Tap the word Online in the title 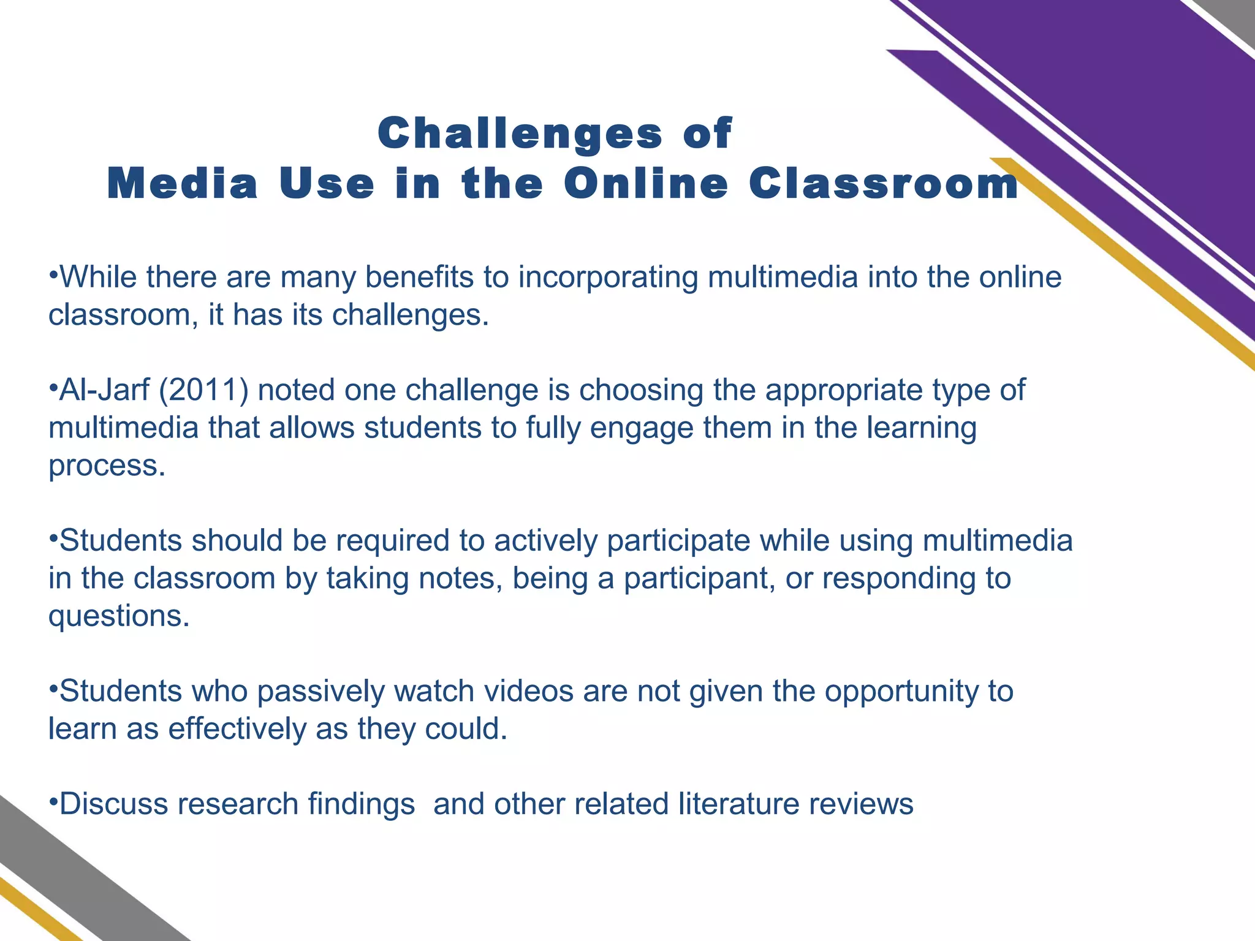pyautogui.click(x=646, y=184)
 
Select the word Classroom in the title pyautogui.click(x=884, y=184)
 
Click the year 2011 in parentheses pyautogui.click(x=203, y=390)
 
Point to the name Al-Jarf pyautogui.click(x=104, y=390)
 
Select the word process pyautogui.click(x=107, y=467)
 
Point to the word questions pyautogui.click(x=119, y=616)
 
